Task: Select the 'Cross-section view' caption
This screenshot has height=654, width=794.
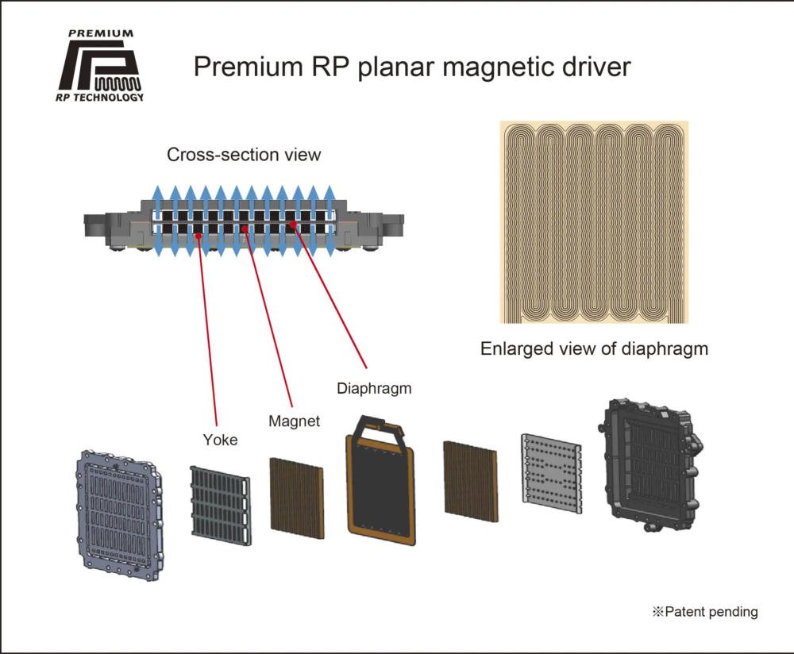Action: pyautogui.click(x=244, y=154)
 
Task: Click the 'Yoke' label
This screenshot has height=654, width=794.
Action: pyautogui.click(x=220, y=439)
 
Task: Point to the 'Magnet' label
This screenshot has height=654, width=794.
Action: pyautogui.click(x=294, y=421)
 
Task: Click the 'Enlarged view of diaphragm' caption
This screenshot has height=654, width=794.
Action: pyautogui.click(x=594, y=348)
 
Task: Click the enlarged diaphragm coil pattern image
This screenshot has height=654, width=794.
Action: pyautogui.click(x=594, y=222)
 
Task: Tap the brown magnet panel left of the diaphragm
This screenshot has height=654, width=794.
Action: pyautogui.click(x=297, y=494)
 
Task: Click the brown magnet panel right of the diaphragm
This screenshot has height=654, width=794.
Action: pyautogui.click(x=469, y=477)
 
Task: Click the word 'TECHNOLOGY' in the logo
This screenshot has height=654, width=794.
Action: pyautogui.click(x=112, y=98)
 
